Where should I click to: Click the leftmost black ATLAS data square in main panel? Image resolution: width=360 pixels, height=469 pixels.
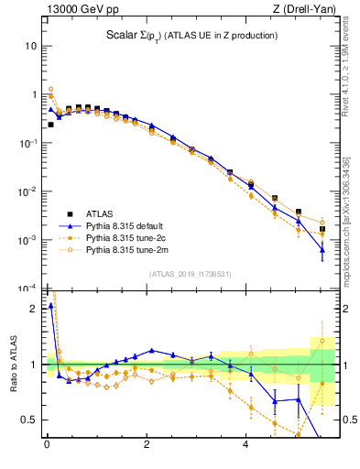pyautogui.click(x=50, y=124)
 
